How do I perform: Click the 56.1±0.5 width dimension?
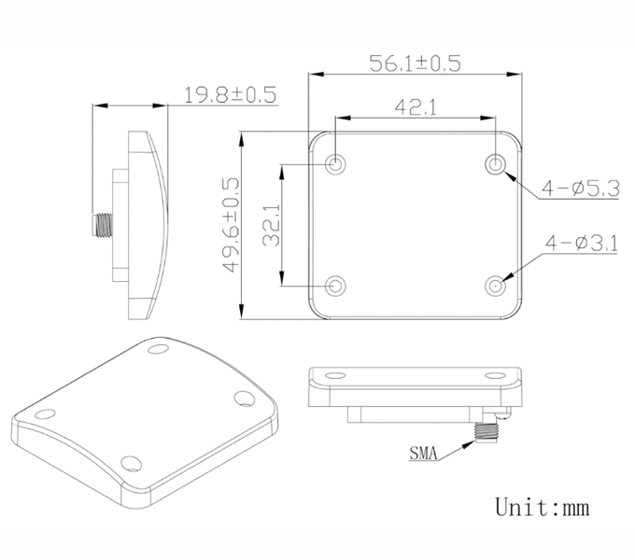[x=416, y=63]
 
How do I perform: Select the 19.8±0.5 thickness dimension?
[x=230, y=94]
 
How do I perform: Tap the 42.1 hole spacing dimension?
[x=416, y=107]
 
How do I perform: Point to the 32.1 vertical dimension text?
[x=272, y=225]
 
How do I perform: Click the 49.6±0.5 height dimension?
[x=232, y=225]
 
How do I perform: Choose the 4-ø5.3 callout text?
[x=581, y=189]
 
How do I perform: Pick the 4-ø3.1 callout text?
[x=582, y=244]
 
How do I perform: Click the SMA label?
[x=424, y=454]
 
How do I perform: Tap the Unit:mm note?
[x=543, y=507]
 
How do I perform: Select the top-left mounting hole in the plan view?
[x=335, y=164]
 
